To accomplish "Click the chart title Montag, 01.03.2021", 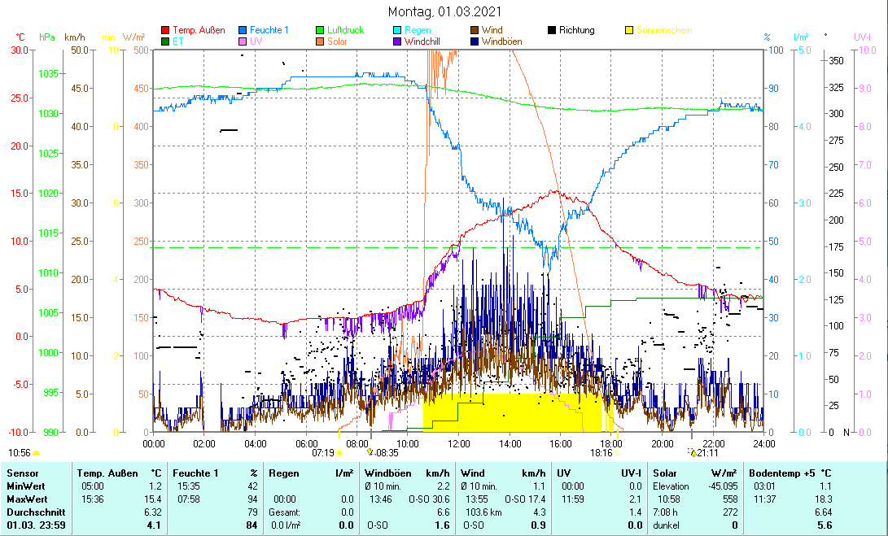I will pyautogui.click(x=444, y=11).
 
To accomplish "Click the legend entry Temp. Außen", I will pyautogui.click(x=199, y=30).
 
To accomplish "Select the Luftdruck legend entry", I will pyautogui.click(x=346, y=30).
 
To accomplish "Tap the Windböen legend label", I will pyautogui.click(x=503, y=41).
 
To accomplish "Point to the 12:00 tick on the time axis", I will pyautogui.click(x=459, y=443).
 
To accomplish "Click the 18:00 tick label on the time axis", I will pyautogui.click(x=611, y=443).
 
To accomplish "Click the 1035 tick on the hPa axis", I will pyautogui.click(x=48, y=74).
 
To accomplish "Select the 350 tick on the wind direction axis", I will pyautogui.click(x=836, y=61).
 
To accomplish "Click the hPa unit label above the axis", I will pyautogui.click(x=47, y=37).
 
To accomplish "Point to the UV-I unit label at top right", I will pyautogui.click(x=863, y=37).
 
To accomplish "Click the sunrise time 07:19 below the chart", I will pyautogui.click(x=323, y=453).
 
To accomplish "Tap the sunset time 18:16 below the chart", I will pyautogui.click(x=601, y=453).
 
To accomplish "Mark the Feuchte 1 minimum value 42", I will pyautogui.click(x=252, y=486).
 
